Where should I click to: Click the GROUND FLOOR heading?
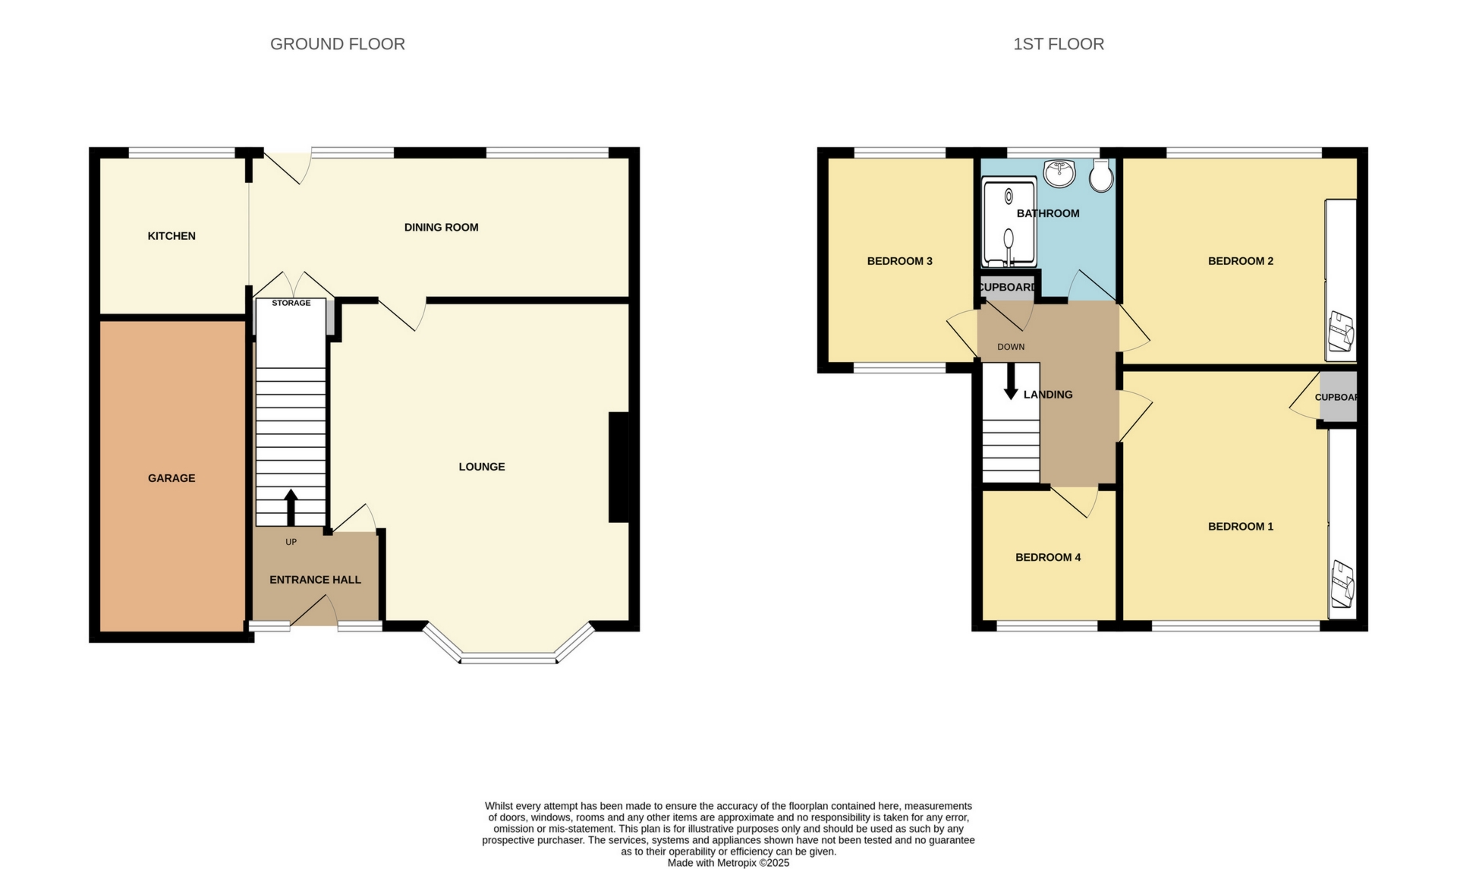coord(337,44)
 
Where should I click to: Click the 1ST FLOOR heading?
coord(1058,44)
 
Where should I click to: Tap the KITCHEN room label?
coord(172,236)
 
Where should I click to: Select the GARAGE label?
coord(172,478)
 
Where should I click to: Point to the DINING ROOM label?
coord(441,227)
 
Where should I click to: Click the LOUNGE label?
coord(481,467)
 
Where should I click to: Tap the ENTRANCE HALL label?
coord(315,580)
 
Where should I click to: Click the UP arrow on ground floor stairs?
coord(291,507)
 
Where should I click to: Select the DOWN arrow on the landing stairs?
coord(1010,382)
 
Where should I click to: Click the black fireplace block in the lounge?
coord(618,467)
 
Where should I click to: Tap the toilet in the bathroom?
coord(1100,176)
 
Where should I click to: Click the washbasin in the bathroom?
coord(1059,173)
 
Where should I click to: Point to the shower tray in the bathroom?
coord(1009,222)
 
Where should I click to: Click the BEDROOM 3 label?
coord(899,261)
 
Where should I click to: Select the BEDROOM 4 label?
coord(1047,557)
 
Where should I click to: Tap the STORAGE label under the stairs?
coord(291,303)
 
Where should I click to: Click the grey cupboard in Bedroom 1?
coord(1337,397)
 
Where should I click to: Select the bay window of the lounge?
coord(508,657)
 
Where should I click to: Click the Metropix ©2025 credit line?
coord(728,863)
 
